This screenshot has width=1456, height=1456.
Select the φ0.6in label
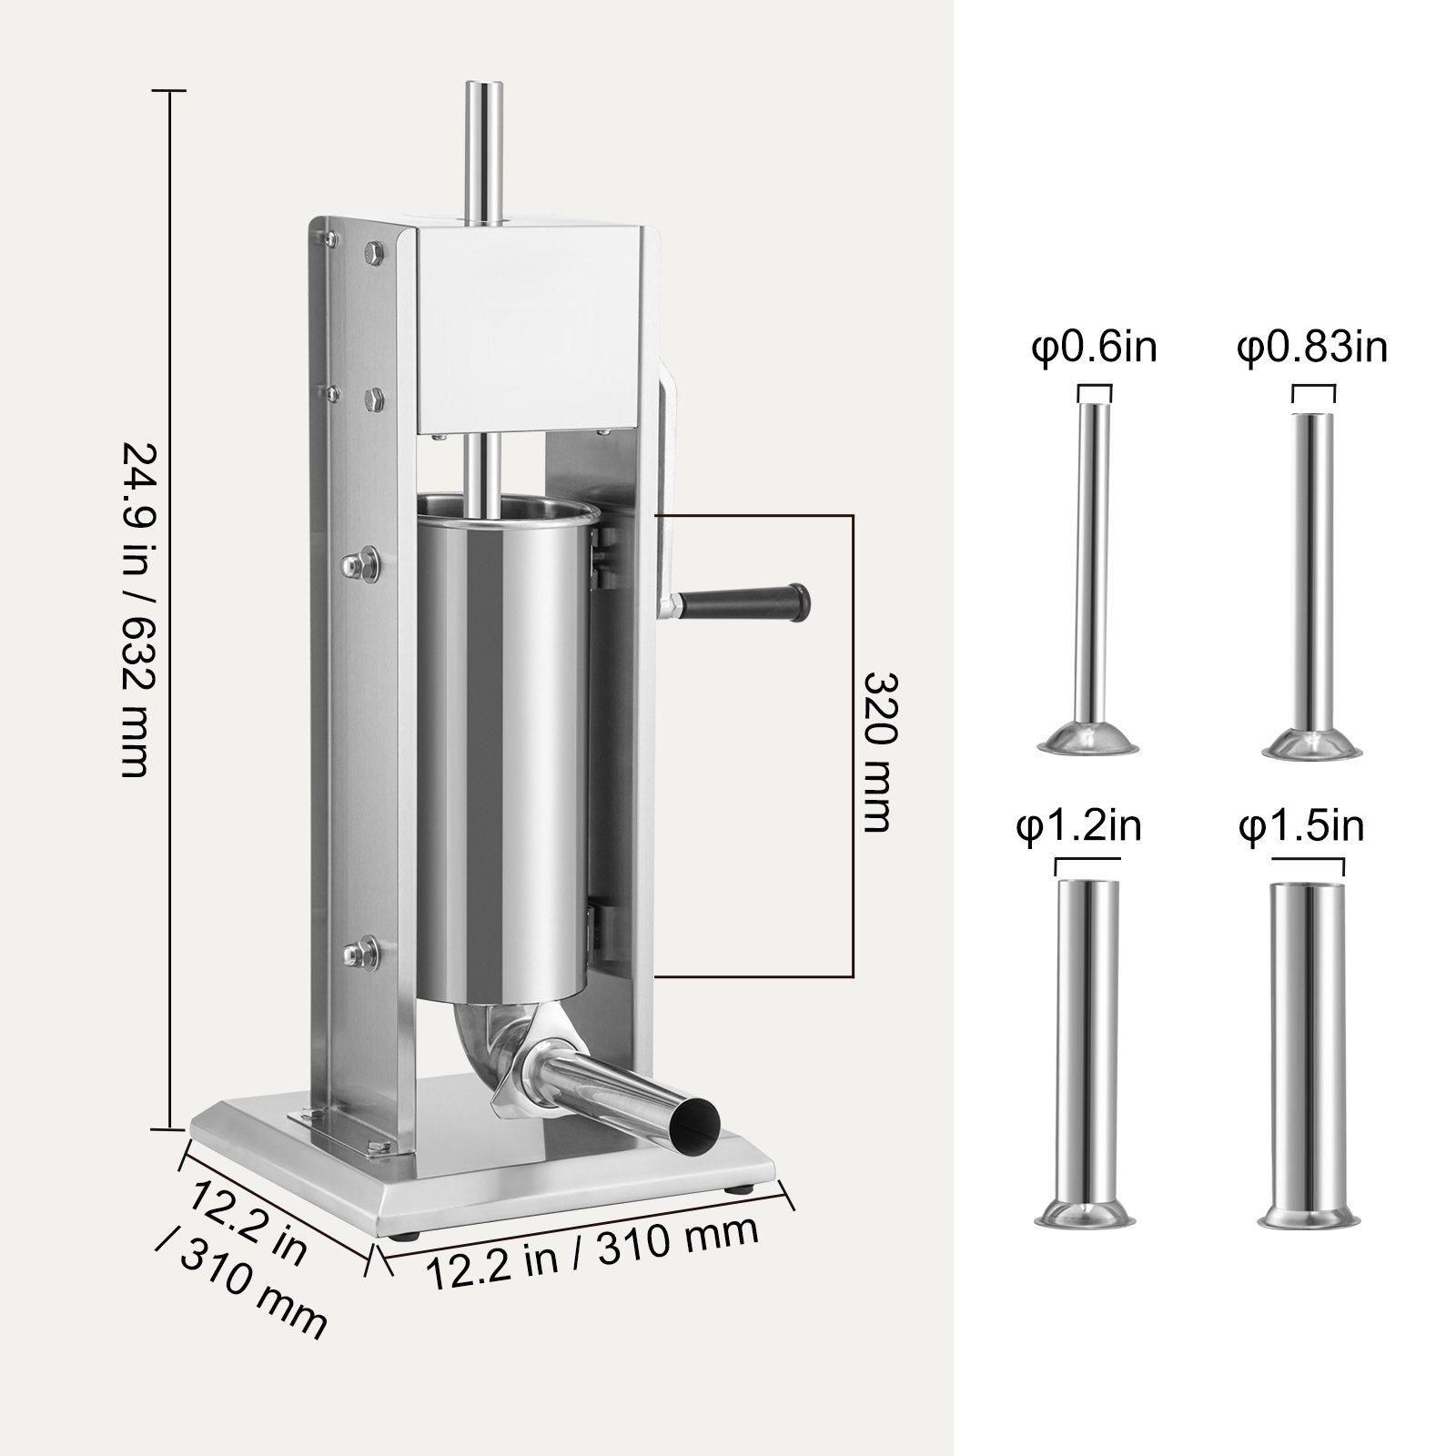[x=1093, y=349]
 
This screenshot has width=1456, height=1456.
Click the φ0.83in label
[x=1311, y=349]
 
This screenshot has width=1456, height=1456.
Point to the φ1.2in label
[x=1078, y=828]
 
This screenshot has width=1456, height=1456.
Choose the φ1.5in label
[x=1301, y=828]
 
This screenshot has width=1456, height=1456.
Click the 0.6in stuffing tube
[x=1093, y=564]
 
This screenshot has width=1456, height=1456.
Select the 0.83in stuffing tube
[x=1312, y=564]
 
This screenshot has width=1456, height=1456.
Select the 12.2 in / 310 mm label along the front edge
[x=591, y=1256]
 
